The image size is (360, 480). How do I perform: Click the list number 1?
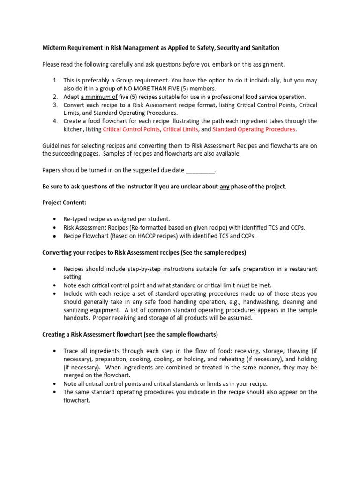pyautogui.click(x=54, y=81)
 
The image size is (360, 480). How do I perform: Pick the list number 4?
pyautogui.click(x=54, y=121)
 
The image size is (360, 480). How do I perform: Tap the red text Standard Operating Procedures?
pyautogui.click(x=254, y=129)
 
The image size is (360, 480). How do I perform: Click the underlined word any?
pyautogui.click(x=225, y=187)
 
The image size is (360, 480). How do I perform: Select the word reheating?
pyautogui.click(x=237, y=359)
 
